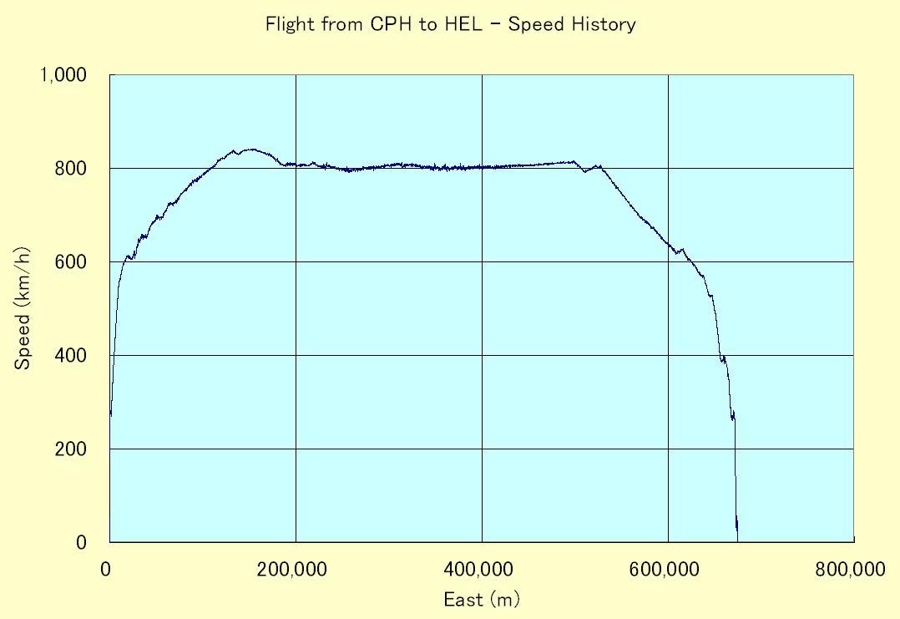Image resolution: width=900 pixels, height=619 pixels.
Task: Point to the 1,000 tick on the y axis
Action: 63,75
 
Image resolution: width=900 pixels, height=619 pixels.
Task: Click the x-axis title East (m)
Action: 482,599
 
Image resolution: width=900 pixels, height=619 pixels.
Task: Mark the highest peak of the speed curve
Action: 250,150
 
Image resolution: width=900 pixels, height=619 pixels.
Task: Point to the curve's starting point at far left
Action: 110,414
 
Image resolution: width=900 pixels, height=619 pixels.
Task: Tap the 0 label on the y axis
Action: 82,543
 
